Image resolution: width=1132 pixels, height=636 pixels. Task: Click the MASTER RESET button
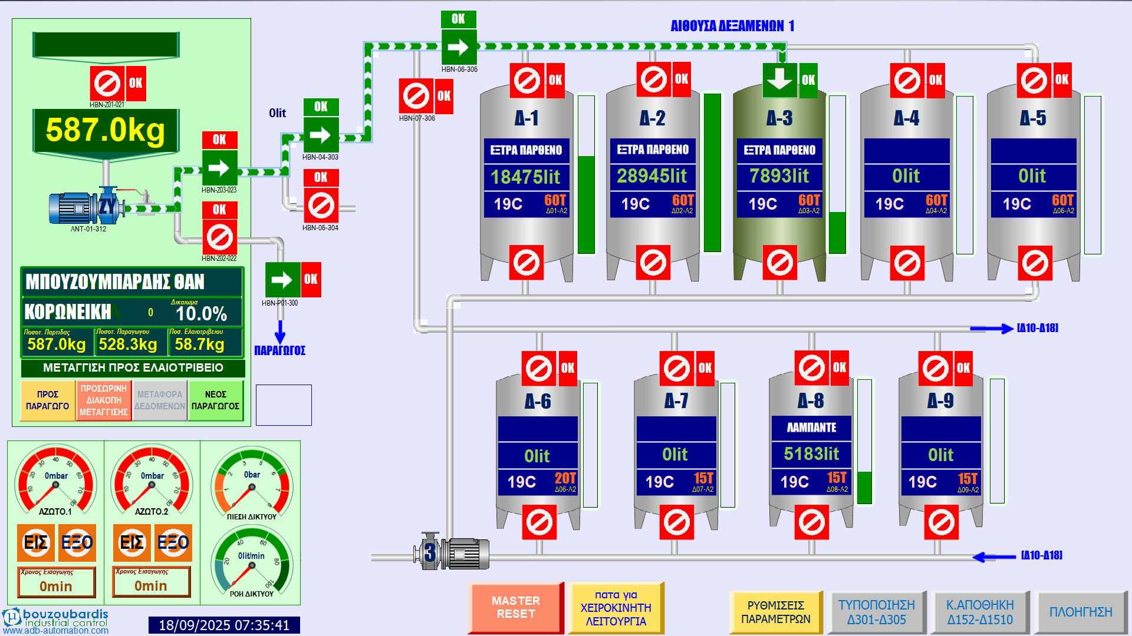[x=515, y=608]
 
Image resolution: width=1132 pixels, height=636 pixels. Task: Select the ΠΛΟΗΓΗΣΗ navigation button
[x=1080, y=612]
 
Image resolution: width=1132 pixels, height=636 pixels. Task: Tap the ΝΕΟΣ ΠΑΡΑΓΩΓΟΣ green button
[x=215, y=400]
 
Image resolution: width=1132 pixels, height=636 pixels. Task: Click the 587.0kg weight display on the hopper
[x=106, y=130]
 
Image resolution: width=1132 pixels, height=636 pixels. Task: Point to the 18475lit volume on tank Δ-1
[x=526, y=177]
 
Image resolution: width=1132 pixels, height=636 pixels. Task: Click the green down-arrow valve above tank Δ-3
[x=779, y=80]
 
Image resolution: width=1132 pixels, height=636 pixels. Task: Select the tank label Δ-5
[x=1033, y=118]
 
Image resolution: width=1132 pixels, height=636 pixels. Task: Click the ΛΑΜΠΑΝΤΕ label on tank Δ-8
[x=811, y=428]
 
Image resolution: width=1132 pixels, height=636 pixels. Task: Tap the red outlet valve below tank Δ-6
[x=539, y=522]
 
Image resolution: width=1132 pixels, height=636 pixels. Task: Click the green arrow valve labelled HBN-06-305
[x=459, y=47]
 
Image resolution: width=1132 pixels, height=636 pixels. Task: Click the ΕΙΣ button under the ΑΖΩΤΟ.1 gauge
[x=35, y=542]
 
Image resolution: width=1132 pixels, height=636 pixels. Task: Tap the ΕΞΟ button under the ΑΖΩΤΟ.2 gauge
[x=173, y=542]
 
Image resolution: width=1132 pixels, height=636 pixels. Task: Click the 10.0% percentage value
[x=201, y=313]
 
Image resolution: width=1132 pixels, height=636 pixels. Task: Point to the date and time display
[x=224, y=625]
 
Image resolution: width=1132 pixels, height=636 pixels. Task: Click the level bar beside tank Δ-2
[x=712, y=173]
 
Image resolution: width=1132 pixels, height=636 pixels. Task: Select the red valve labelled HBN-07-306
[x=416, y=96]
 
